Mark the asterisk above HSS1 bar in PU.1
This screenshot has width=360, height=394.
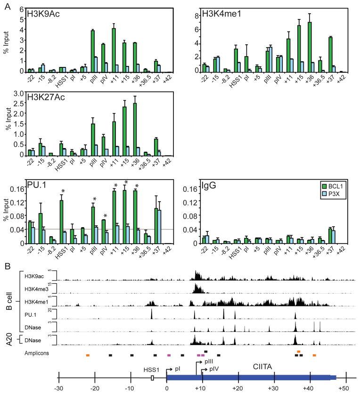[x=62, y=191]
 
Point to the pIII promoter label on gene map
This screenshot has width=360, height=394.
[x=209, y=361]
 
